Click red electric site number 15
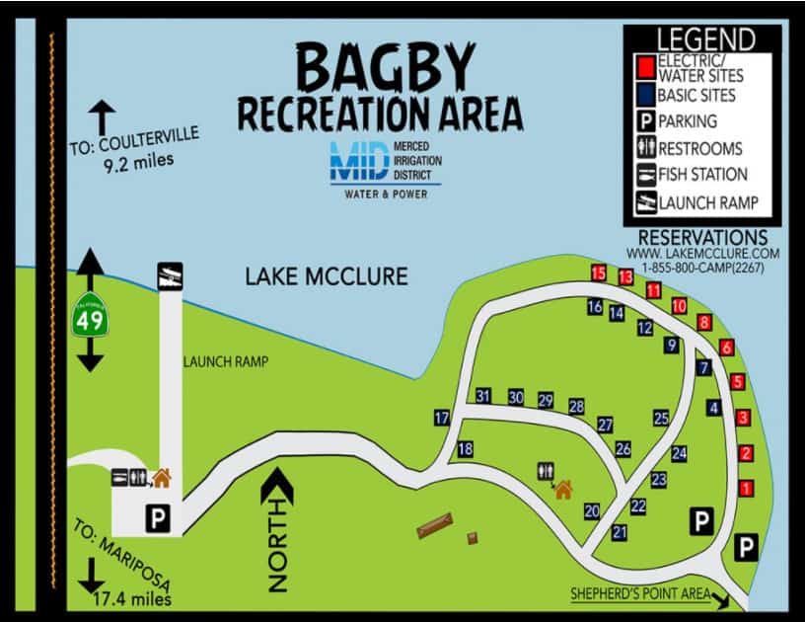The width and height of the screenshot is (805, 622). [599, 272]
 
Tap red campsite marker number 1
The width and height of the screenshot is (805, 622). [747, 488]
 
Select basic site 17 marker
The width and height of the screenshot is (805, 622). [442, 418]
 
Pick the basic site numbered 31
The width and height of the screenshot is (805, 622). [483, 396]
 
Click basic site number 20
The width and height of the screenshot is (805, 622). [592, 510]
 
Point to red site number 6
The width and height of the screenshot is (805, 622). [726, 348]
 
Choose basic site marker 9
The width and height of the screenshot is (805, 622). [672, 346]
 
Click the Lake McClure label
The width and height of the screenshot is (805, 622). [326, 275]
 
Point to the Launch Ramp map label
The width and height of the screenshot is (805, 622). [226, 362]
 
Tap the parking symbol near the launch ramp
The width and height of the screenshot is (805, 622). [156, 515]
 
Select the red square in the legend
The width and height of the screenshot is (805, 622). [644, 67]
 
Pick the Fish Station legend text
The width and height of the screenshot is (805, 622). [702, 175]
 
